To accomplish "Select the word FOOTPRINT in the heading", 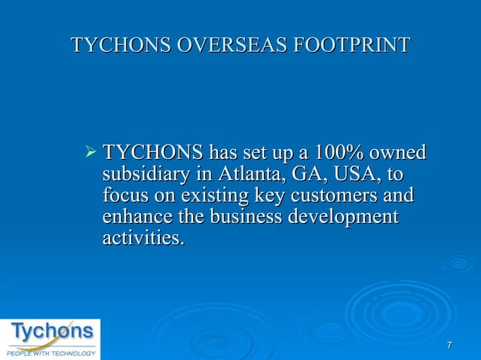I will [x=351, y=45].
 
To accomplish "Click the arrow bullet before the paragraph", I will [x=91, y=153].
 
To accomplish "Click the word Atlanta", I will [x=248, y=175].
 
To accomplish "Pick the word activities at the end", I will [x=142, y=239].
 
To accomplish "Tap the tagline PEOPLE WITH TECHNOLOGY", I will [x=51, y=352].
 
